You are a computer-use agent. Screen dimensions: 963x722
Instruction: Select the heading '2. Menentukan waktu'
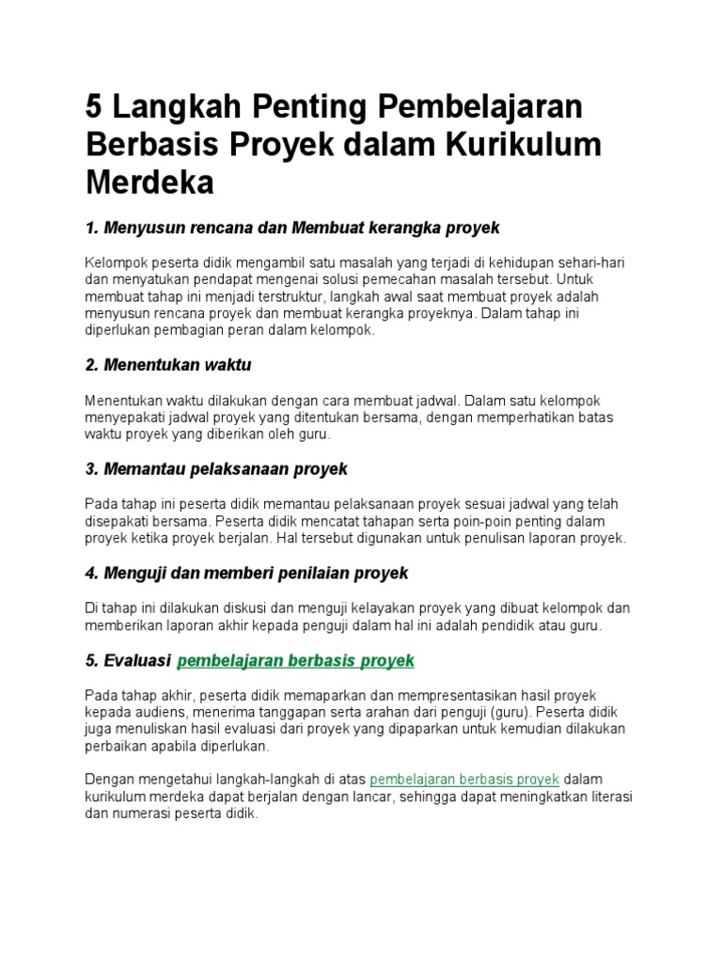[168, 364]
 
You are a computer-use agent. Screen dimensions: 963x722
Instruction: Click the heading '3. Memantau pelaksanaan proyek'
[216, 468]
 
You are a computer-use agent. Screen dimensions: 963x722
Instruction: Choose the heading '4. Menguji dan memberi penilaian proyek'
[246, 573]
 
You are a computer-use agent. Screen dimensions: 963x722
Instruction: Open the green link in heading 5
[295, 660]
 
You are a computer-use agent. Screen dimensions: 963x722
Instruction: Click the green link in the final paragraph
[465, 780]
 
